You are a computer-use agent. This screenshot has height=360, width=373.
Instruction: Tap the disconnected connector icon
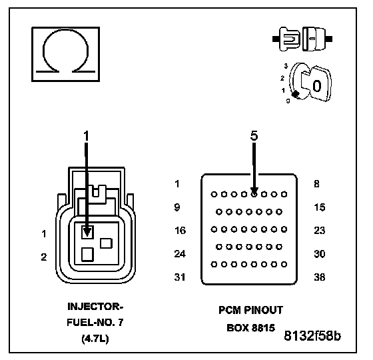pyautogui.click(x=302, y=39)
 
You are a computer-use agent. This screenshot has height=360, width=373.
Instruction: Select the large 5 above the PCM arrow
pyautogui.click(x=254, y=135)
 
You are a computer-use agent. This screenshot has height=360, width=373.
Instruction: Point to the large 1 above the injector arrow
pyautogui.click(x=86, y=136)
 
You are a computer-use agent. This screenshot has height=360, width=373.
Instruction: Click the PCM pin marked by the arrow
pyautogui.click(x=254, y=194)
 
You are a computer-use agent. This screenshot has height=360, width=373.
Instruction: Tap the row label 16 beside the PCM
pyautogui.click(x=180, y=231)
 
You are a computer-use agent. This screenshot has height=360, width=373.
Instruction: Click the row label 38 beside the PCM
pyautogui.click(x=319, y=277)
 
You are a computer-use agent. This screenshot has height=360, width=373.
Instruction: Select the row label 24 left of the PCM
pyautogui.click(x=180, y=254)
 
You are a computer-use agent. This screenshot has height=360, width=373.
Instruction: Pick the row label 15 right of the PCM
pyautogui.click(x=320, y=207)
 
